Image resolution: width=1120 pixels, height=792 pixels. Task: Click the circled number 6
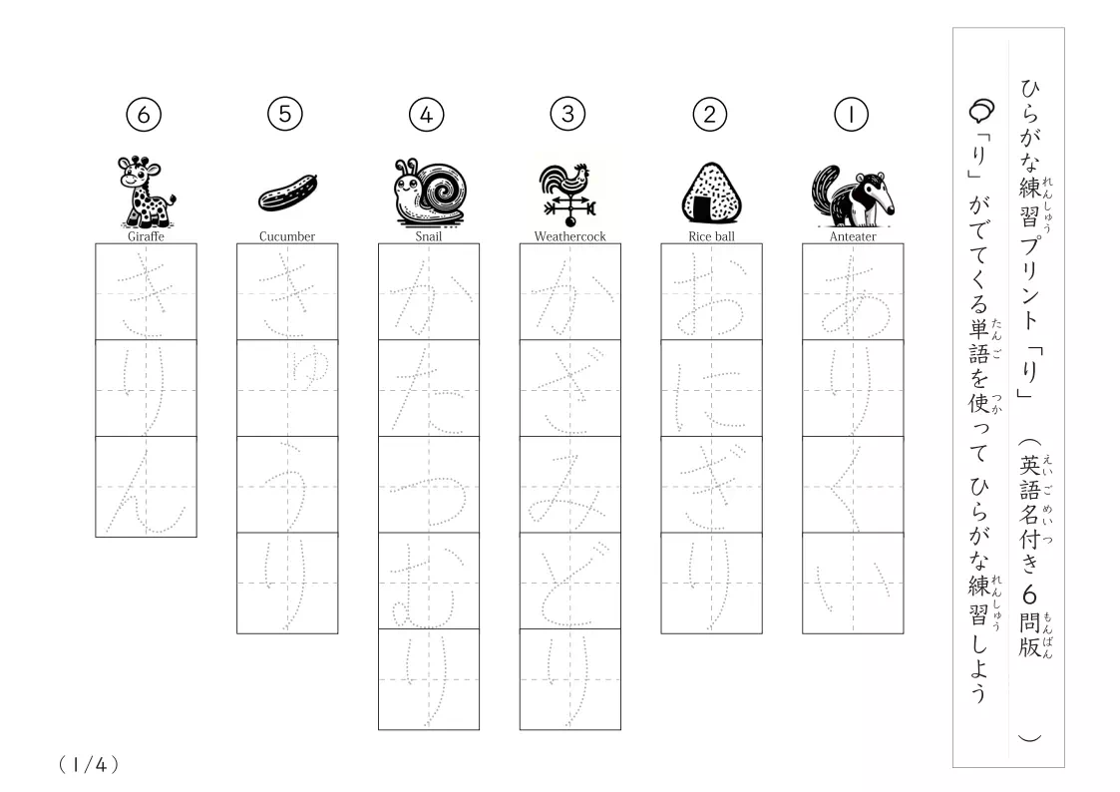click(x=144, y=115)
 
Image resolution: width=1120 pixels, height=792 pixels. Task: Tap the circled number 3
click(x=567, y=115)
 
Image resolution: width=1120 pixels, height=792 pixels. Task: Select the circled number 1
click(x=851, y=115)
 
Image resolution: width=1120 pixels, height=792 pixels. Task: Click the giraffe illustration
click(x=146, y=192)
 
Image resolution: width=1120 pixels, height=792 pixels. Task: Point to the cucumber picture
click(x=287, y=193)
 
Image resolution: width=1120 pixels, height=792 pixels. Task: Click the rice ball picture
click(x=711, y=193)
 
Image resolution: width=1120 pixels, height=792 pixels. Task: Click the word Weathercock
click(x=570, y=236)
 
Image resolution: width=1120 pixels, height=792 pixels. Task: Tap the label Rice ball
click(x=711, y=236)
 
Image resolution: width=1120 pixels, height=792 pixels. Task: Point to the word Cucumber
click(x=287, y=236)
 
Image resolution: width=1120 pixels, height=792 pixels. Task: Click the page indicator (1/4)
click(x=89, y=765)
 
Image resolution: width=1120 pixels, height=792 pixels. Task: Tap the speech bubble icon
click(x=981, y=110)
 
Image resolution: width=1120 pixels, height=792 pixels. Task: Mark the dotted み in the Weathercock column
click(x=569, y=486)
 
